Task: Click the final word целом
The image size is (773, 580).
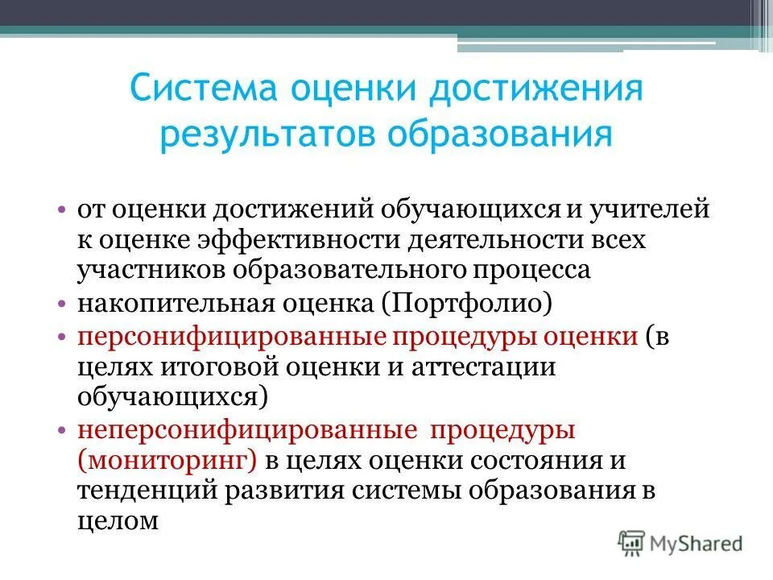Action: click(118, 522)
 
